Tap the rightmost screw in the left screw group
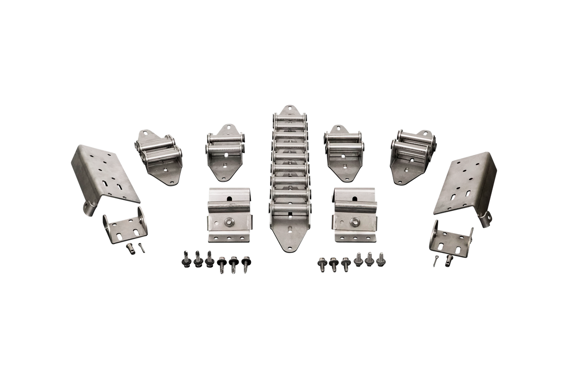click(x=246, y=263)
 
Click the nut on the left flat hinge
click(x=229, y=221)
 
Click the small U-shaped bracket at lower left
click(x=126, y=228)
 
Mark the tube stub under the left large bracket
click(x=89, y=209)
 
